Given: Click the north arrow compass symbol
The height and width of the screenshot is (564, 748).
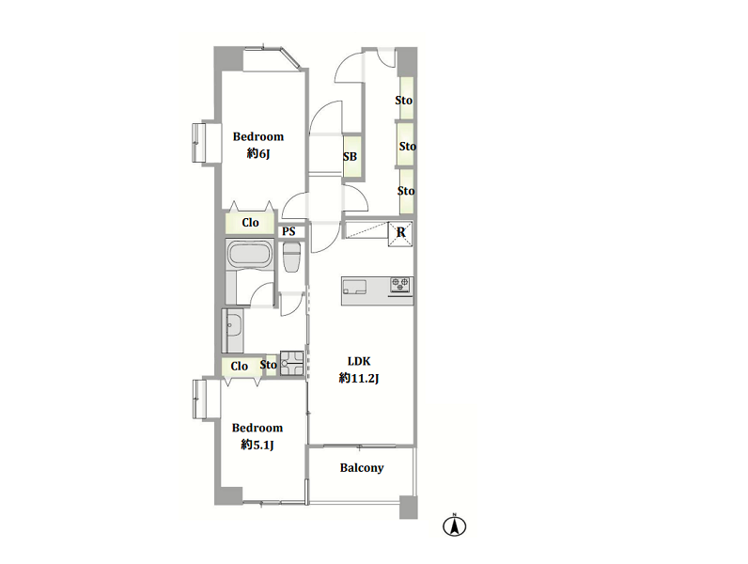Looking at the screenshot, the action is coord(454,525).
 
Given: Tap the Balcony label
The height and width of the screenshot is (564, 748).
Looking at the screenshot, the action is coord(362,467).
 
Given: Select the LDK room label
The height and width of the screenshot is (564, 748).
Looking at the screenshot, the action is coord(359,361).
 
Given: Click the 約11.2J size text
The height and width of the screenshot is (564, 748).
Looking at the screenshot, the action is coord(359,379).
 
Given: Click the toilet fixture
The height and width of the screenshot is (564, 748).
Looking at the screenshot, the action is coord(291,257).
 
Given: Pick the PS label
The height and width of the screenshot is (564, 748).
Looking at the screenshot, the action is coord(288,231).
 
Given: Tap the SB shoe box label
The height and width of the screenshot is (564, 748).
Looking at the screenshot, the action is coord(350,156).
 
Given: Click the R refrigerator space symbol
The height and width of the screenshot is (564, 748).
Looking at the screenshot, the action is coord(400,233).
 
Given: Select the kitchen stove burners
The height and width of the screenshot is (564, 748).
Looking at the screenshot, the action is coord(400,285).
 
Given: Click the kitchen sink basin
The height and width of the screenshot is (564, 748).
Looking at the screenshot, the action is coord(354,287).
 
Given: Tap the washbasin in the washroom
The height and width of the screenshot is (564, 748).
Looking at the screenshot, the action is coord(233,329).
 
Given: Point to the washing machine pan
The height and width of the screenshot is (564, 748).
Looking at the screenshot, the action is coord(291,364).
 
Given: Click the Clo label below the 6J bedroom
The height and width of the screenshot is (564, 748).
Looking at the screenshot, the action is coord(250,223).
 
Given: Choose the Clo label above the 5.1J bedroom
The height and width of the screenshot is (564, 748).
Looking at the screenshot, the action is coord(239,366).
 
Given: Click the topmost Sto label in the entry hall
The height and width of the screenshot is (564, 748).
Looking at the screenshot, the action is coord(403,101).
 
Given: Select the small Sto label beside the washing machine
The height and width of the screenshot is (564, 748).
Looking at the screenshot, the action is coord(268,365).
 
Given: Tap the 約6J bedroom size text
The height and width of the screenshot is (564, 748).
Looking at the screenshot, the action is coord(258,153).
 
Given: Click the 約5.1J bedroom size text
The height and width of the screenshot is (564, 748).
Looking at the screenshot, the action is coord(257,446).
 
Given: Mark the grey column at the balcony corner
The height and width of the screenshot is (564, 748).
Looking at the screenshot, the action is coord(409,508).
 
